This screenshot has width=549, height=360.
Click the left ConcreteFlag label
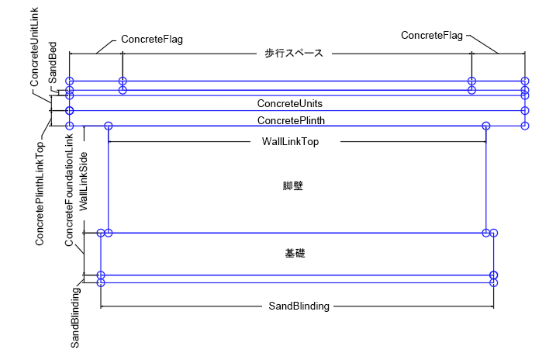pyautogui.click(x=152, y=39)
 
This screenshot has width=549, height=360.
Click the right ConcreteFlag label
pyautogui.click(x=432, y=35)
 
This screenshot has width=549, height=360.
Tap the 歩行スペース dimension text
pyautogui.click(x=294, y=54)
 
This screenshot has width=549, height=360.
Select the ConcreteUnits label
pyautogui.click(x=290, y=103)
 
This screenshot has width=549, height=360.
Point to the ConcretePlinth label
pyautogui.click(x=291, y=120)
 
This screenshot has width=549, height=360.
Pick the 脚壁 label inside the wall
pyautogui.click(x=292, y=186)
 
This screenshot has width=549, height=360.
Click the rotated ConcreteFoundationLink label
pyautogui.click(x=69, y=192)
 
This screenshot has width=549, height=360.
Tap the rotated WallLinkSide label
pyautogui.click(x=83, y=181)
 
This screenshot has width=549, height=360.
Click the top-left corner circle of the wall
pyautogui.click(x=108, y=126)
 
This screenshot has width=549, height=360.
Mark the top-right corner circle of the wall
pyautogui.click(x=485, y=126)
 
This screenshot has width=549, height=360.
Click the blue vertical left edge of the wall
pyautogui.click(x=108, y=178)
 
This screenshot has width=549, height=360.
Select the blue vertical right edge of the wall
pyautogui.click(x=485, y=178)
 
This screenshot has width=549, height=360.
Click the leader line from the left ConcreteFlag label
pyautogui.click(x=107, y=46)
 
